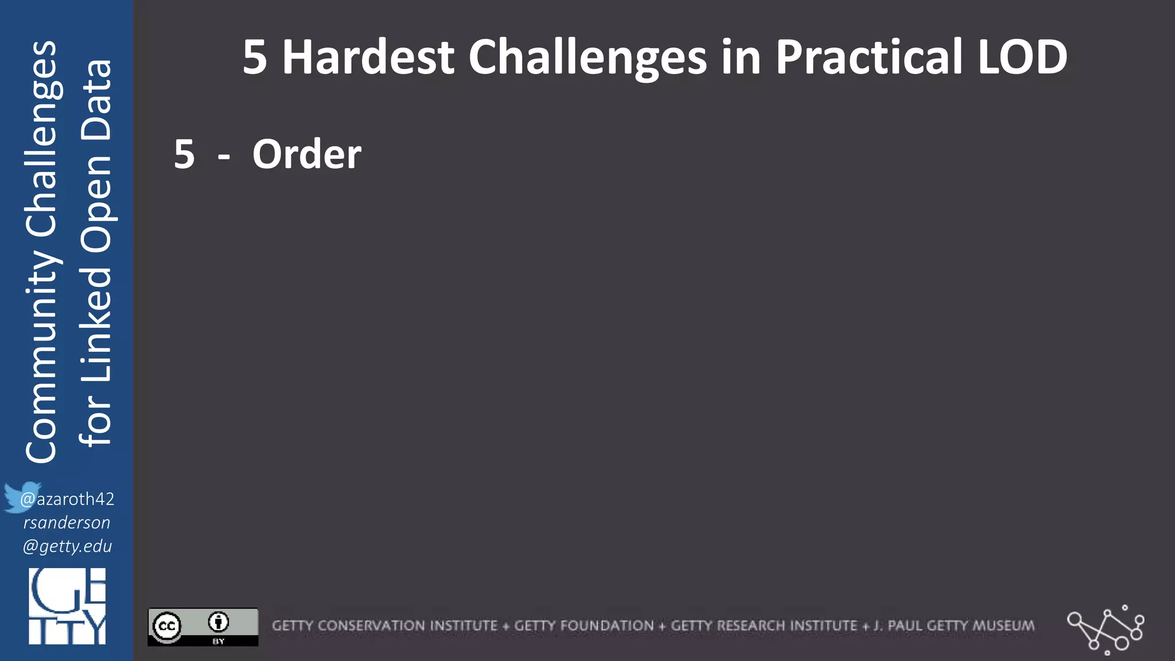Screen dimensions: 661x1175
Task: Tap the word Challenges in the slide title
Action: (x=587, y=58)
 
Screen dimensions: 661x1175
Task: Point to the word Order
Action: (x=307, y=154)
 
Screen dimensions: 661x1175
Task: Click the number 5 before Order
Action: (x=184, y=154)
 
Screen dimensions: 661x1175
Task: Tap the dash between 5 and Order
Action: (x=224, y=156)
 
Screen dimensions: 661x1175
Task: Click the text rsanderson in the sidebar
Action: (x=67, y=523)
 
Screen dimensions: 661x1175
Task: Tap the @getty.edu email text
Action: (x=67, y=546)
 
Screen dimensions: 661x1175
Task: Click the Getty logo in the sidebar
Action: (x=67, y=606)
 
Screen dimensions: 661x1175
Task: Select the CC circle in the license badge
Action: (x=167, y=626)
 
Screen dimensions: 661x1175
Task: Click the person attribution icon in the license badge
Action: (x=218, y=622)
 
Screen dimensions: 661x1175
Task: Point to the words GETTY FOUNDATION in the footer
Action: (x=583, y=626)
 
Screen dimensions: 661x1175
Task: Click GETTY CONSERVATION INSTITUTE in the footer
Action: (x=384, y=626)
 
